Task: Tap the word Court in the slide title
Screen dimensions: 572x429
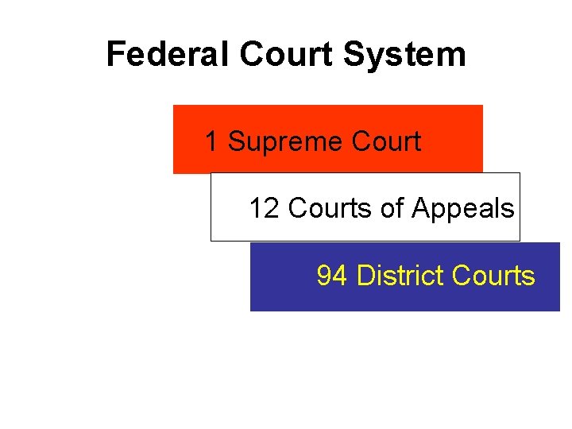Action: (289, 55)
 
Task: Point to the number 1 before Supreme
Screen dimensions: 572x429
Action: (211, 142)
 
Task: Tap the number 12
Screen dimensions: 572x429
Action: (264, 209)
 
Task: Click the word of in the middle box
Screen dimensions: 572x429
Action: (392, 208)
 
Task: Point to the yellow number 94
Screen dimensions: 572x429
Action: (332, 276)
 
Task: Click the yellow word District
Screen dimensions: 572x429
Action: (400, 276)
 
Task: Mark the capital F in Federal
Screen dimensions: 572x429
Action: (114, 55)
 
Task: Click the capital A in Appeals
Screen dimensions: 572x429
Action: (419, 209)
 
